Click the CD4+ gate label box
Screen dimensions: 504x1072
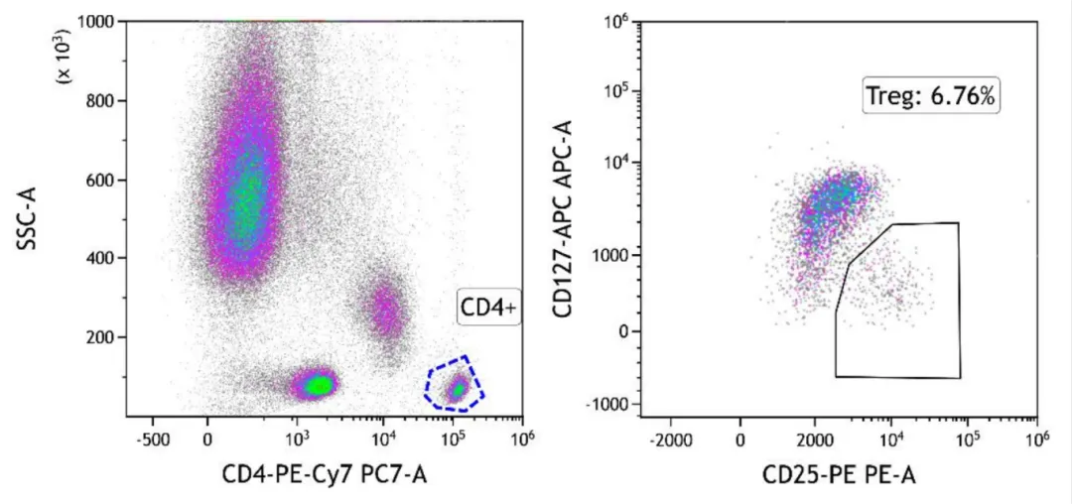coord(488,308)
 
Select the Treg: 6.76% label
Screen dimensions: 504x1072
coord(931,96)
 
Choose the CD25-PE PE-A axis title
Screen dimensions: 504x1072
coord(839,476)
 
